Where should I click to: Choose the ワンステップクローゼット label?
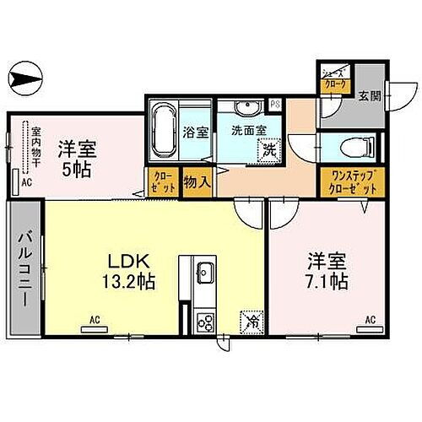pos(348,182)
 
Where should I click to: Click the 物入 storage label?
pos(197,181)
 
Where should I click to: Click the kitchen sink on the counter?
pos(203,273)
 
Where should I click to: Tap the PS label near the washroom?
pos(275,105)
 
